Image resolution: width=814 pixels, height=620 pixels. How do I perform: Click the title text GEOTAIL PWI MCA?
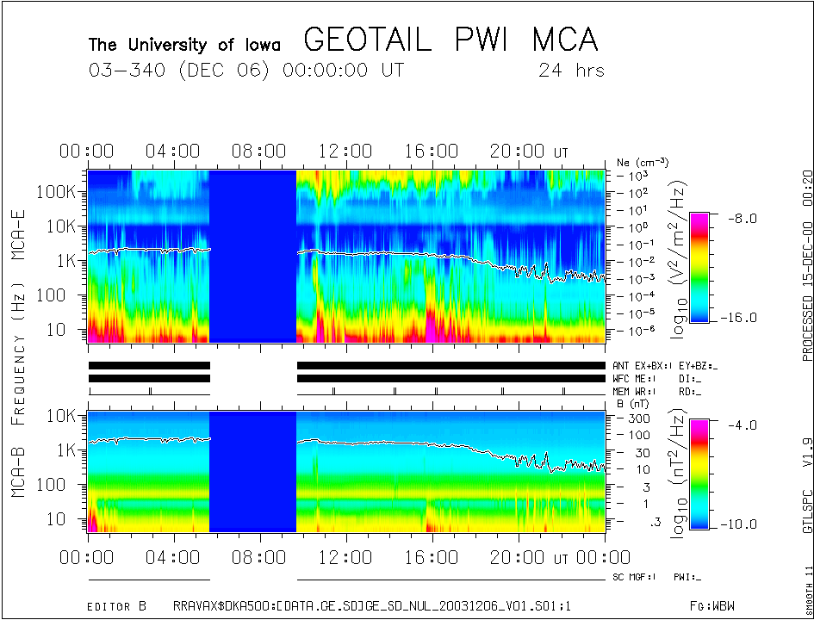(450, 40)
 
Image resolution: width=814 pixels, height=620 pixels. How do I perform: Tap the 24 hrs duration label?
(571, 70)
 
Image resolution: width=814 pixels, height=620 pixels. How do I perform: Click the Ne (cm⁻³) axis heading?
(643, 162)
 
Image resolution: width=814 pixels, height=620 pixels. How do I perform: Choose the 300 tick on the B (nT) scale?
(636, 418)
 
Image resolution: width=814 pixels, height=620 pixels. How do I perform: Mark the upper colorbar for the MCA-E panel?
(699, 268)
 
